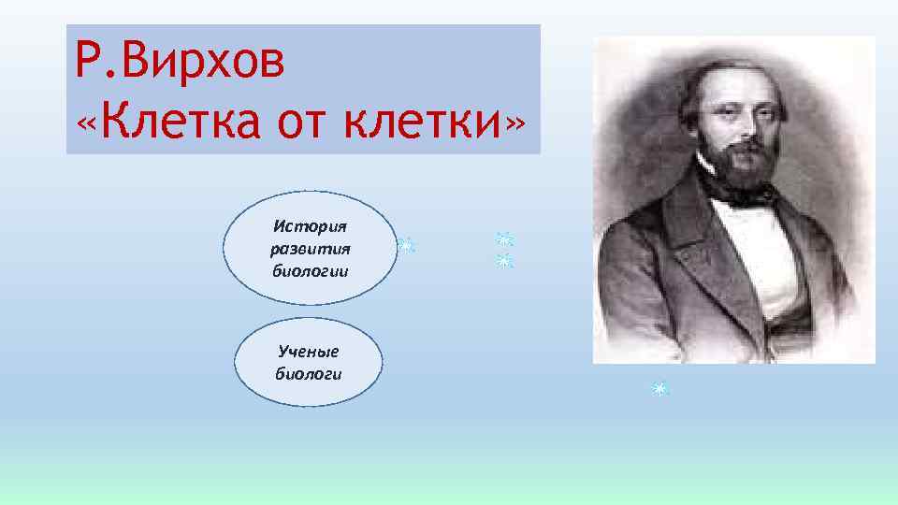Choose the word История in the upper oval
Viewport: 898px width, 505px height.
[309, 226]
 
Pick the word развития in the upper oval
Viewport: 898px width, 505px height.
[309, 249]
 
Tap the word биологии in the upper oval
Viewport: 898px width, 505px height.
[309, 271]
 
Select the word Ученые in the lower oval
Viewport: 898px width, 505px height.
[308, 352]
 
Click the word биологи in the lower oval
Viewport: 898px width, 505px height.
[308, 374]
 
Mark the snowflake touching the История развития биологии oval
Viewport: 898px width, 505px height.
[406, 246]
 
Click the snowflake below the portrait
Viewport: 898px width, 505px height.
[659, 388]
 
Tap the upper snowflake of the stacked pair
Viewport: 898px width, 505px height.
[505, 239]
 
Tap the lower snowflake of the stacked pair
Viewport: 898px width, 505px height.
[505, 261]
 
